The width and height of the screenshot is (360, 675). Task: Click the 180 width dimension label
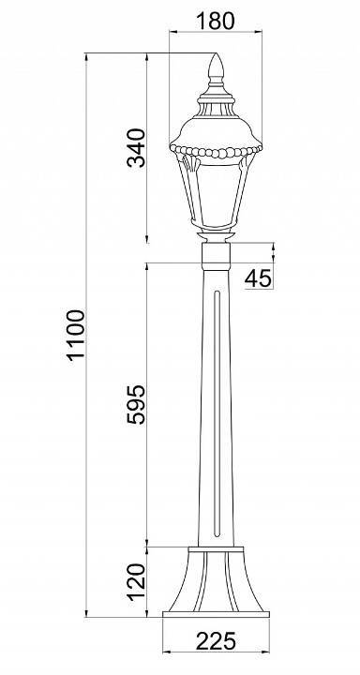[216, 21]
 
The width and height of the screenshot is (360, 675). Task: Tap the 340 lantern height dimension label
[137, 148]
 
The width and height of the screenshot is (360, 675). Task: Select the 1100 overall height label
[76, 335]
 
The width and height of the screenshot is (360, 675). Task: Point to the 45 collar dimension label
[259, 278]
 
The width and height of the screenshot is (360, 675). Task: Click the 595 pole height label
[137, 405]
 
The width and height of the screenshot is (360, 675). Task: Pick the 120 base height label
[137, 581]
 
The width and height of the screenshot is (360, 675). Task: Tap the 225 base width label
[216, 641]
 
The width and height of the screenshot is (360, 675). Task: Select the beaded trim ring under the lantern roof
[216, 152]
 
